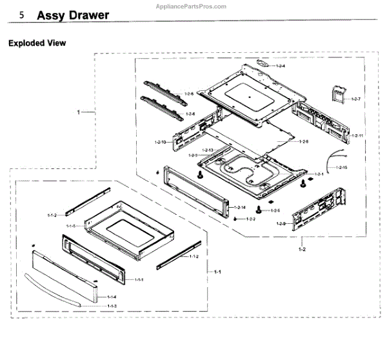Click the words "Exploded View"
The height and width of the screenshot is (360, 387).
coord(37,44)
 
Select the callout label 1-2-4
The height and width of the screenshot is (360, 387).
coord(281,66)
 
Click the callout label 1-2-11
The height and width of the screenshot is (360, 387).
coord(357,136)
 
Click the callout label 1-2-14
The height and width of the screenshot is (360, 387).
coord(239,207)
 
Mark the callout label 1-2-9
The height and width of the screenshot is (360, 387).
coord(281,223)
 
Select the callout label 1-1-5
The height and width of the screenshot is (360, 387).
coord(71,226)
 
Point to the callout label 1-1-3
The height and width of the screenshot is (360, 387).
coord(112,305)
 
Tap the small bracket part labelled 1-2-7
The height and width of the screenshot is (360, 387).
coord(337,95)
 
